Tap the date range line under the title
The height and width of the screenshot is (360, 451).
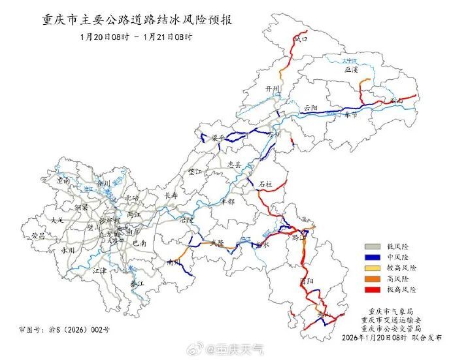pyautogui.click(x=137, y=37)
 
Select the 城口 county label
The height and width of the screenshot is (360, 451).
pyautogui.click(x=300, y=40)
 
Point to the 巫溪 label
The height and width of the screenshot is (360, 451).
pyautogui.click(x=351, y=70)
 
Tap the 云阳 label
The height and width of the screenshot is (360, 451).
pyautogui.click(x=310, y=107)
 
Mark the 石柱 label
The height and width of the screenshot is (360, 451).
pyautogui.click(x=265, y=185)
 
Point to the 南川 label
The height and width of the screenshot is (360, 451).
pyautogui.click(x=173, y=262)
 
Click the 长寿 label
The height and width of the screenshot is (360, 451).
pyautogui.click(x=171, y=195)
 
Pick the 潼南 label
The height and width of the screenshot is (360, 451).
pyautogui.click(x=63, y=180)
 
